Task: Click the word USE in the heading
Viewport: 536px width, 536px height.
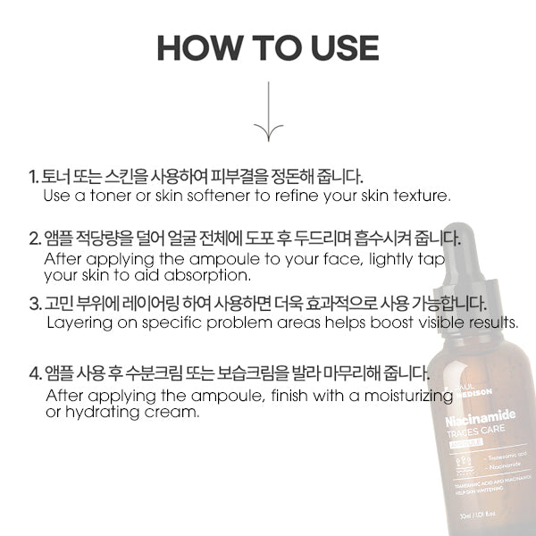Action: pyautogui.click(x=339, y=48)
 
